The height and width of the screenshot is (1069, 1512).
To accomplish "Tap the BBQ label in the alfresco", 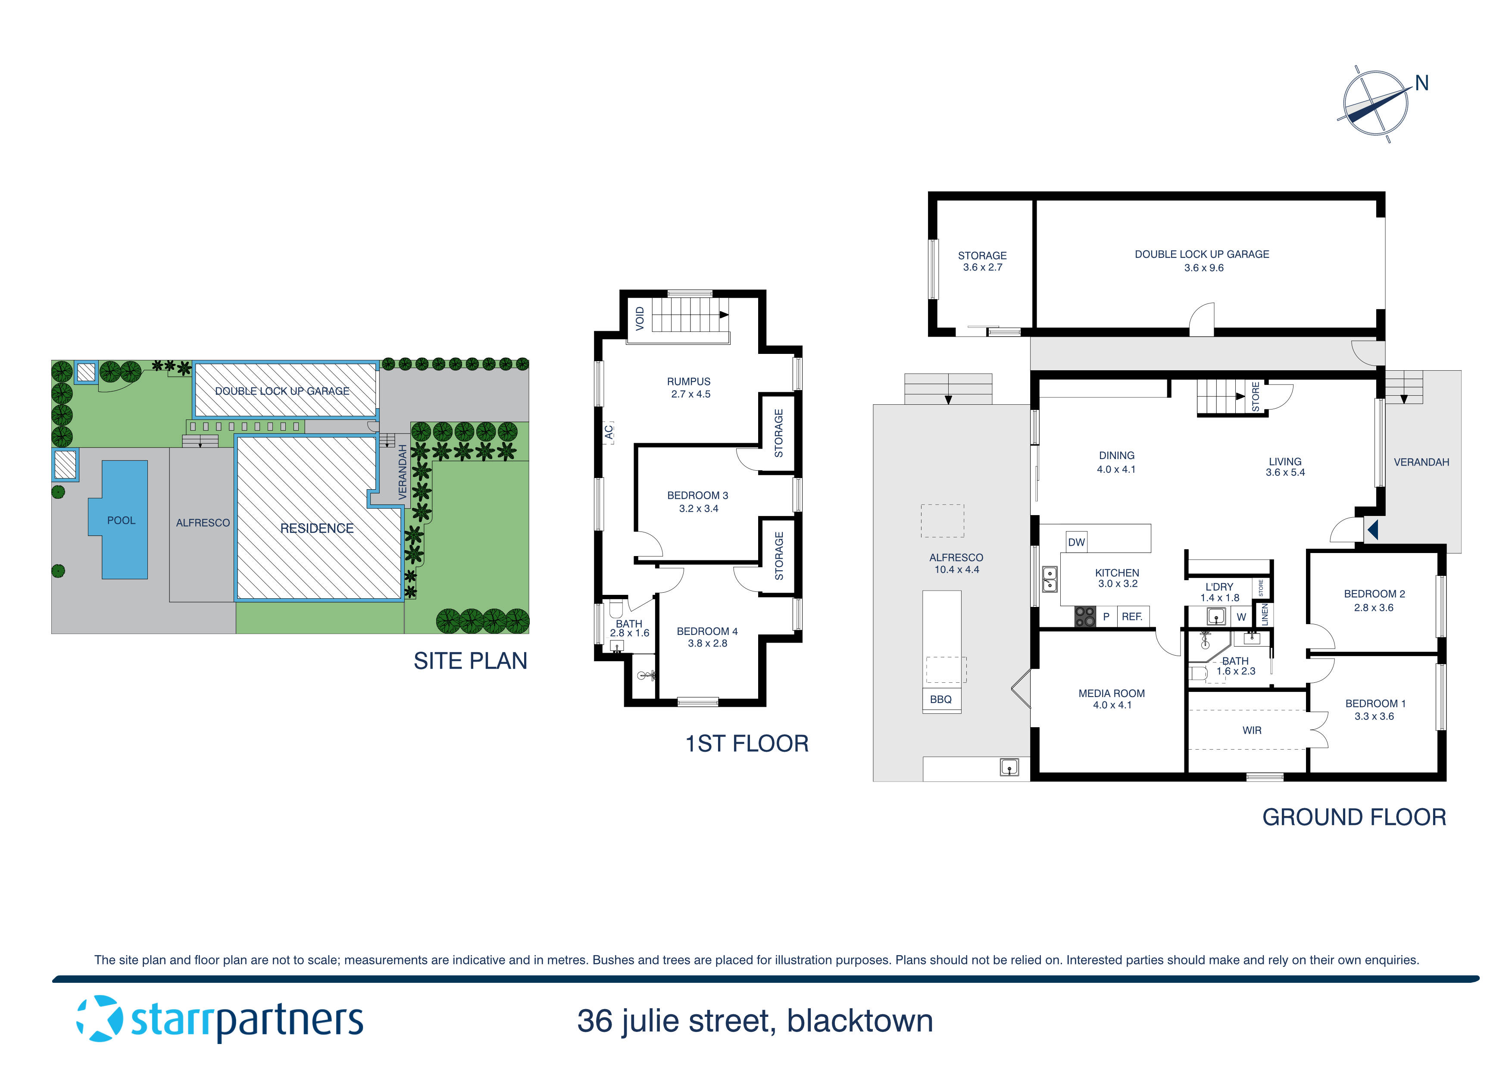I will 940,700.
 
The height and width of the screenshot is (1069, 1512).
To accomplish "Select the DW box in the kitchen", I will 1076,542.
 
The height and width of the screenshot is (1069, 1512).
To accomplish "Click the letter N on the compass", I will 1422,83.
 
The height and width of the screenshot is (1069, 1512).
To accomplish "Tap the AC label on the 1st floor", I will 609,432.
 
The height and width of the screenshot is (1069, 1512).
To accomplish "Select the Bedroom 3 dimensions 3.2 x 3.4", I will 698,509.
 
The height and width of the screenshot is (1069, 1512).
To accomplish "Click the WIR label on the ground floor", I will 1252,731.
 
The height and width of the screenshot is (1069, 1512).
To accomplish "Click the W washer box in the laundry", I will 1241,617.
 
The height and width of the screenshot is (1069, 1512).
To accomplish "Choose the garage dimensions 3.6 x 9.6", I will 1203,268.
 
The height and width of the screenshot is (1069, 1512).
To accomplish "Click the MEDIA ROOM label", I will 1112,694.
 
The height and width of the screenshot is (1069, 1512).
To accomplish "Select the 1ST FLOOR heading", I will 747,744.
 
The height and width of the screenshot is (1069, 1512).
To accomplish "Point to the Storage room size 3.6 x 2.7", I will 982,267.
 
